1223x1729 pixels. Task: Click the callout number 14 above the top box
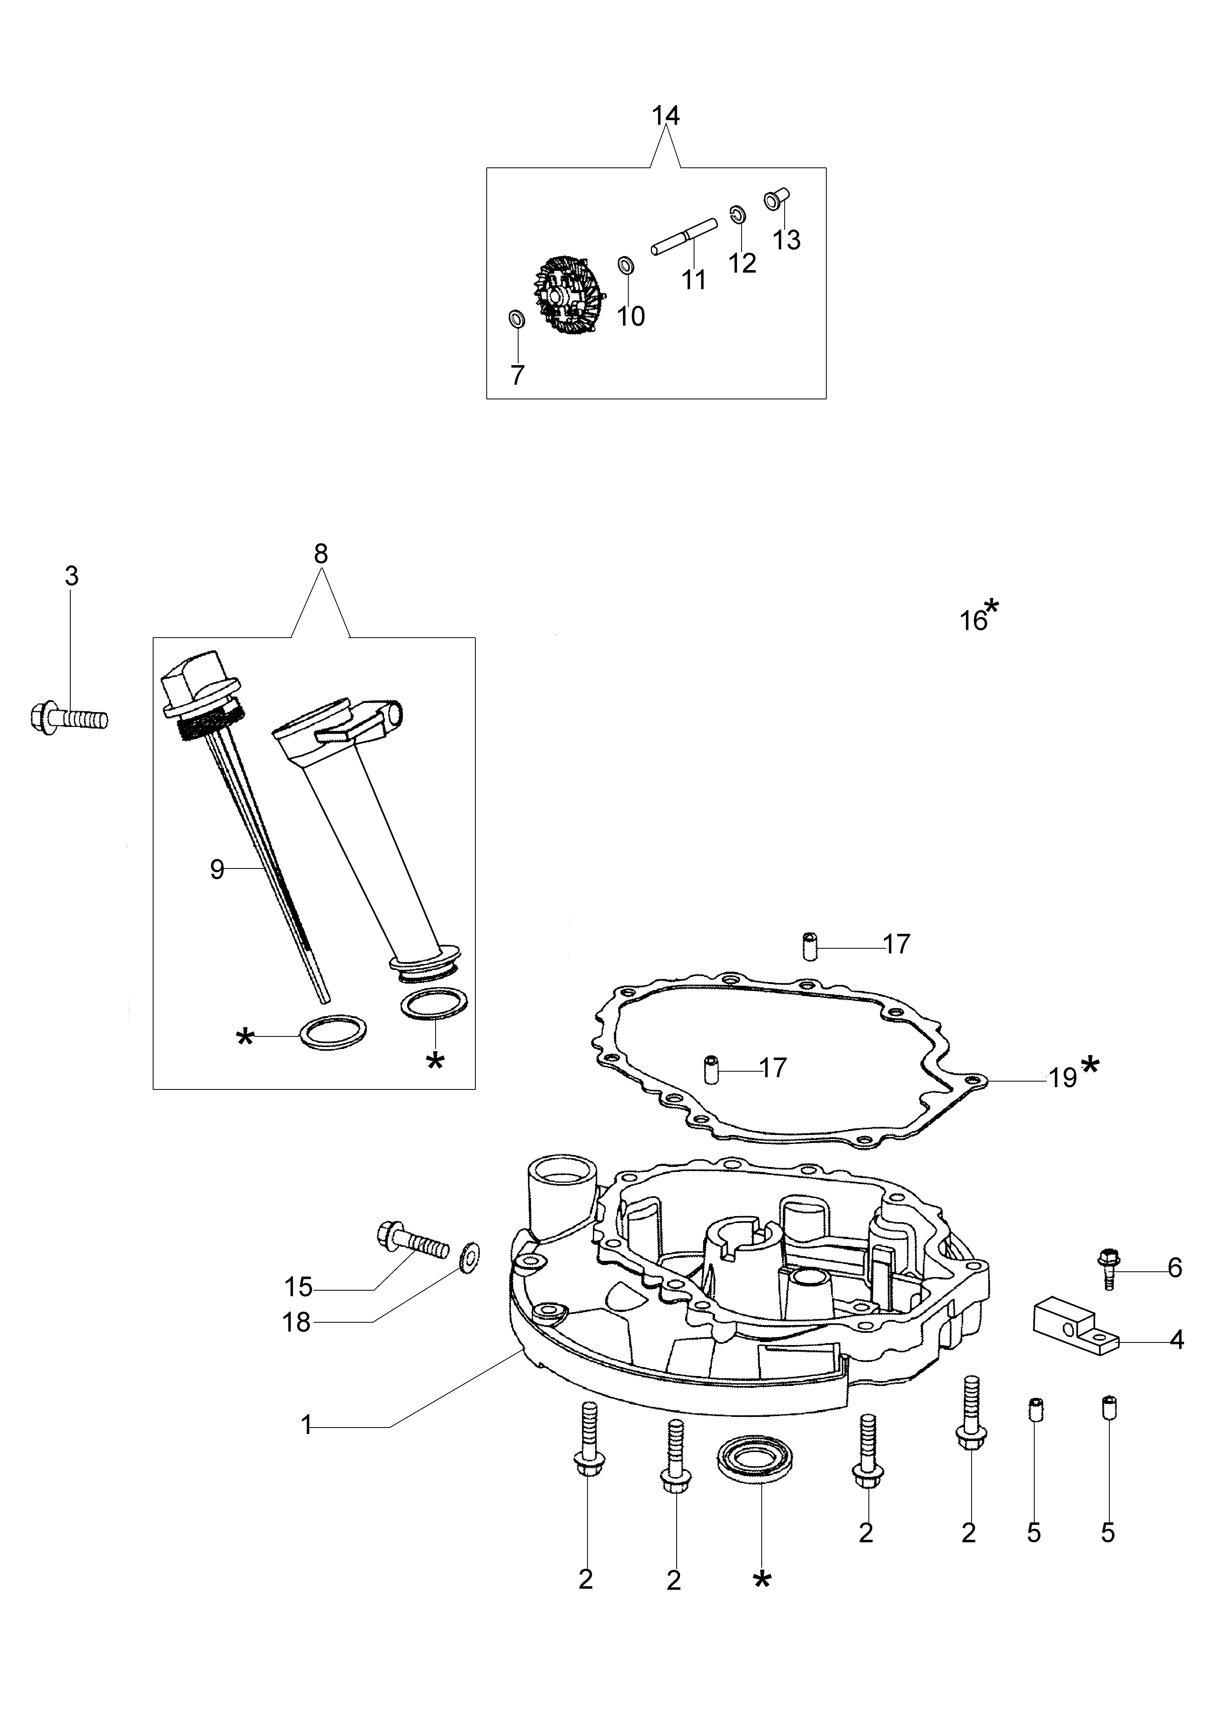click(665, 116)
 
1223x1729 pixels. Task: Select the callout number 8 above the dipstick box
click(321, 554)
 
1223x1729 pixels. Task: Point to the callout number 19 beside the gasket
click(1063, 1078)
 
